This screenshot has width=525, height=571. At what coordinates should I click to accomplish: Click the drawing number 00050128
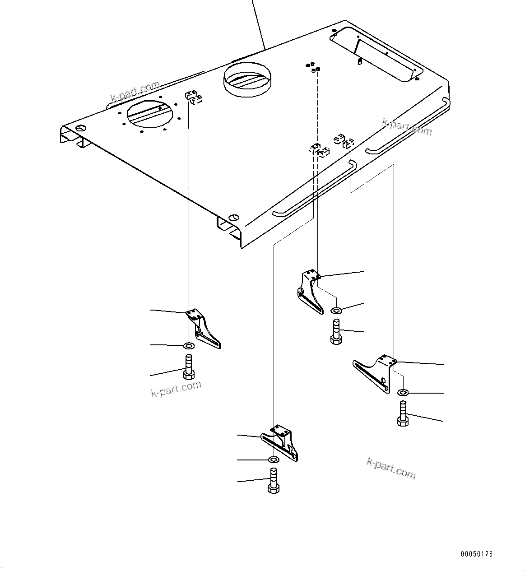tap(477, 554)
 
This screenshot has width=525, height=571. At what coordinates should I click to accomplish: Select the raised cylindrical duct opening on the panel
tap(247, 80)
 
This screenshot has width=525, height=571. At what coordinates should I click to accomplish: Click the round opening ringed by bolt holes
tap(149, 113)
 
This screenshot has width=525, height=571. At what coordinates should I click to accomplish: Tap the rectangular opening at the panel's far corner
tap(376, 54)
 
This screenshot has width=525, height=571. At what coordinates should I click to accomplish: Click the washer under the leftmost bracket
tap(189, 346)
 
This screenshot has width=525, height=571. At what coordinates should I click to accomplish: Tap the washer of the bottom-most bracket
tap(273, 460)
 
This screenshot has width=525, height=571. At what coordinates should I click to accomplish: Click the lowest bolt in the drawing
tap(273, 481)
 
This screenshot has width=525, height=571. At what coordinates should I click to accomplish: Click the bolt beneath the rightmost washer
tap(403, 415)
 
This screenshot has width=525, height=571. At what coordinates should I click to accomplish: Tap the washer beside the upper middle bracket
tap(336, 310)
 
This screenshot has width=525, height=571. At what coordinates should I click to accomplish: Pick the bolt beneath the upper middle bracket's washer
tap(336, 332)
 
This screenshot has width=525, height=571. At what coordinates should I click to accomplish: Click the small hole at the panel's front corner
tap(233, 216)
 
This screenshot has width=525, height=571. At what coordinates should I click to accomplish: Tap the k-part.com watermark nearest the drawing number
tap(391, 468)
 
